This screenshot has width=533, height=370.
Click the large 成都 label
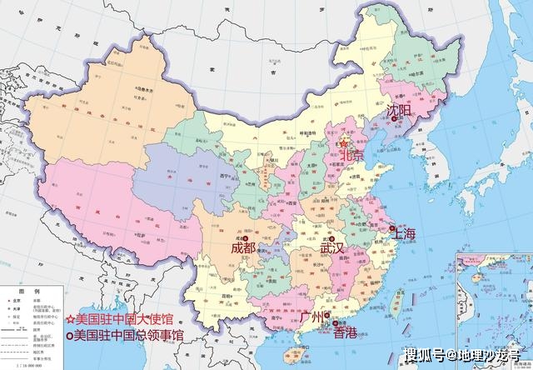click(x=243, y=247)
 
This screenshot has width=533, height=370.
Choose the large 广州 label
click(x=316, y=317)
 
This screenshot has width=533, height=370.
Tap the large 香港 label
click(x=344, y=332)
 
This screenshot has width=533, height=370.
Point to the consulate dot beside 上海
click(x=391, y=229)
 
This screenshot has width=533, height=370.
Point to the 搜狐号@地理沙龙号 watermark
click(x=466, y=357)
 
